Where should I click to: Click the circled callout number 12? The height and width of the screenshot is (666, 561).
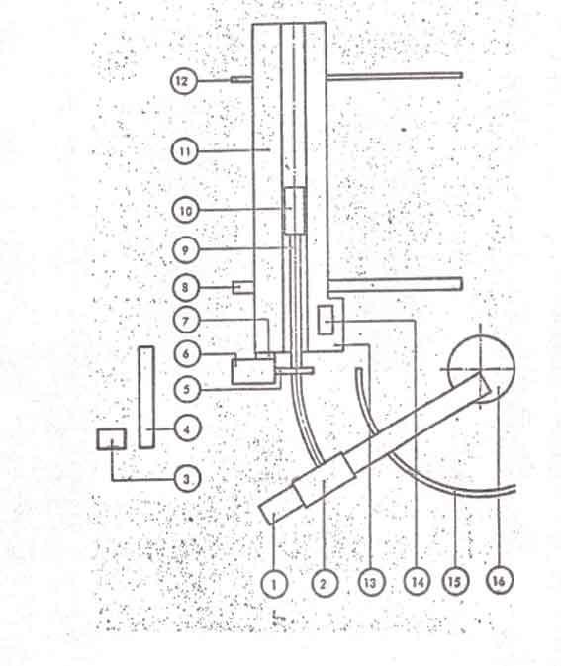184,81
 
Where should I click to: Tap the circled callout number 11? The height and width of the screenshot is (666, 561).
185,151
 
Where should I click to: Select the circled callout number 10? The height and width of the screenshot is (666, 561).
186,210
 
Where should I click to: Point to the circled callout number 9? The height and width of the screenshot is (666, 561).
186,249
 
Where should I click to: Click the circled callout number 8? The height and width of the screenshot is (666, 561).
186,287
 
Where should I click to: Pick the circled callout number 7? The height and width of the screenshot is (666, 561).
186,321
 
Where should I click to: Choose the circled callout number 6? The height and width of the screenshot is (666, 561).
186,353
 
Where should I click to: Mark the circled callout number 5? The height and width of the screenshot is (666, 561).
187,389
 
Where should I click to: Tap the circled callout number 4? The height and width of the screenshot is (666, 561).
187,428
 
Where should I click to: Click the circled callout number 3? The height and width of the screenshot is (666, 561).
187,479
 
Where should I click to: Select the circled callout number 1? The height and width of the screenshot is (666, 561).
274,584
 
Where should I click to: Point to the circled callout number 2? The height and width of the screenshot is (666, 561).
325,584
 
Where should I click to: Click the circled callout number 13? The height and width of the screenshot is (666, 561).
371,582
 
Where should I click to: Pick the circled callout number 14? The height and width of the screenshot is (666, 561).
417,581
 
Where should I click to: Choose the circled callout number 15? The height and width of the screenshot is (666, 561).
455,581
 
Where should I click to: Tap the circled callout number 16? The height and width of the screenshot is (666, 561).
500,580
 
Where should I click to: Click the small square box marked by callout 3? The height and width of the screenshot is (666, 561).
111,438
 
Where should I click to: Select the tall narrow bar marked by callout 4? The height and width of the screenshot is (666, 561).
146,397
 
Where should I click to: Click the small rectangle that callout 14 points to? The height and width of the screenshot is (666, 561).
326,320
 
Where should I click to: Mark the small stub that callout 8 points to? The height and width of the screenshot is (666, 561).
243,287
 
